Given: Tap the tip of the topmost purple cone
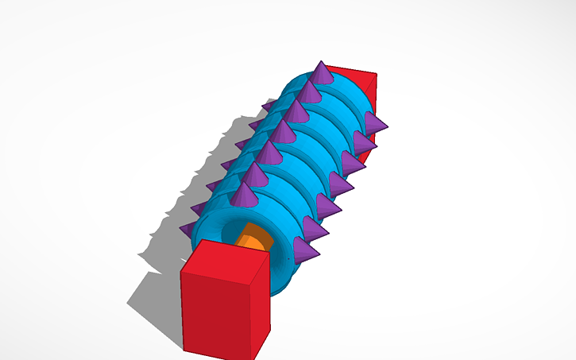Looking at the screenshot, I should point(319,61).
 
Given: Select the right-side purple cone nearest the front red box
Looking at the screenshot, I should point(305,252).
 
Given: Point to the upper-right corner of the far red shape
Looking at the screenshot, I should point(376,76).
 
